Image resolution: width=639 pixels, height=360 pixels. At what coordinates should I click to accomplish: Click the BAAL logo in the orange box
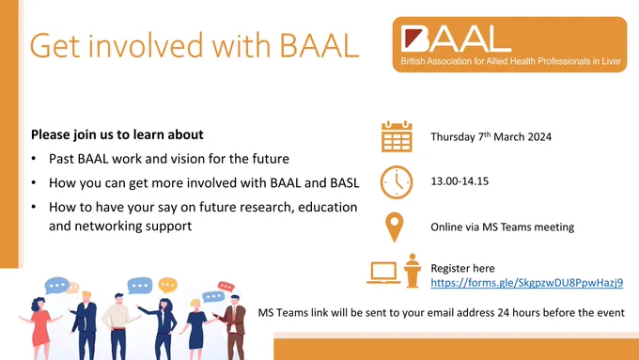pos(509,44)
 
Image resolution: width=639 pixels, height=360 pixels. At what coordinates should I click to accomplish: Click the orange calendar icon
pos(397,136)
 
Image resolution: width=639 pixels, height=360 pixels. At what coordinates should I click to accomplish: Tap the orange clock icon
pos(397,182)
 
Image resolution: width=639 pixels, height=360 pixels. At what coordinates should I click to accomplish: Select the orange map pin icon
pos(394,227)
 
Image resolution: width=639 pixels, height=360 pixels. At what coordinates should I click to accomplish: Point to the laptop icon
pos(383,273)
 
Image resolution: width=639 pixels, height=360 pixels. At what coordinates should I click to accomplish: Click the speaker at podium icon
pos(413,271)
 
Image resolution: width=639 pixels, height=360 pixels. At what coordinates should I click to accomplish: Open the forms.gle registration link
pos(527,283)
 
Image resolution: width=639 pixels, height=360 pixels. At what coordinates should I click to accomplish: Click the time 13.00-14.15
pos(460,181)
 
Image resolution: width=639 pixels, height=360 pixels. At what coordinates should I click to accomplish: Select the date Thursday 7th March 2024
pos(491,136)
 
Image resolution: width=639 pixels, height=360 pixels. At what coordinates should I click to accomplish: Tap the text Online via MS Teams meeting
pos(503,227)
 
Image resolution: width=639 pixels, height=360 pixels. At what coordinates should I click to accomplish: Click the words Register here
pos(462,268)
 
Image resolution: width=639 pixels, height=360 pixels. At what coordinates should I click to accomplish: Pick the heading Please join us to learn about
pos(117,134)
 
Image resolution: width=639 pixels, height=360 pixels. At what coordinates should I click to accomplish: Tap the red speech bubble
pos(226,287)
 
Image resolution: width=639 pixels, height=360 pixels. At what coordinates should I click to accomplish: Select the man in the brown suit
pos(234,327)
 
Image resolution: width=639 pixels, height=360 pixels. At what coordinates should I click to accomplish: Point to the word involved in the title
pos(146,45)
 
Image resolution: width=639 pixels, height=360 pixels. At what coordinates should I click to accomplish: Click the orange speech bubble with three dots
pos(167,285)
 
